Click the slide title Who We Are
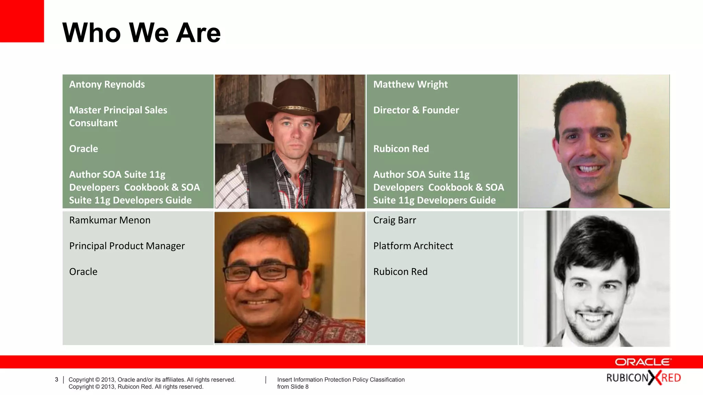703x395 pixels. point(141,33)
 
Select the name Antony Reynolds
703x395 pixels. point(107,84)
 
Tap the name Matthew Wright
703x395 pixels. point(410,84)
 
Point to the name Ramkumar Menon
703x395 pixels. point(110,220)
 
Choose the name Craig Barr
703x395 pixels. point(394,220)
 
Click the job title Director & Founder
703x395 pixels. point(416,110)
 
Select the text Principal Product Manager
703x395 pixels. point(127,246)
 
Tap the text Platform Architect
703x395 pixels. point(413,246)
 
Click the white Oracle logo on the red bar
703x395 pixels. point(643,362)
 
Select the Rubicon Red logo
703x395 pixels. point(644,378)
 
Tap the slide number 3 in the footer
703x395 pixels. point(57,380)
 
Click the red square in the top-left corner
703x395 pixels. point(22,21)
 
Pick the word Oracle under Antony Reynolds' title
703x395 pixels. point(83,149)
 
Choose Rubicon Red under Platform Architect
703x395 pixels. point(400,272)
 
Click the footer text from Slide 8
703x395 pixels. point(293,387)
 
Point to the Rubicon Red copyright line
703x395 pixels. point(136,387)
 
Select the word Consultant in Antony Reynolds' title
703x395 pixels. point(93,123)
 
